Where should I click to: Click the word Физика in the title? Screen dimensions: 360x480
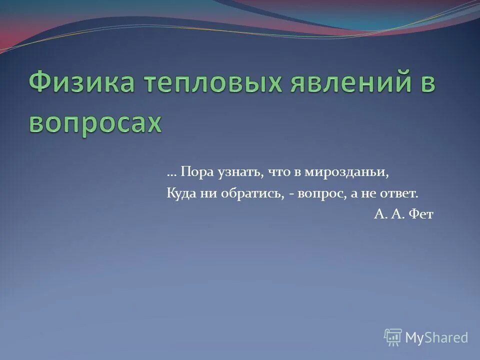(80, 83)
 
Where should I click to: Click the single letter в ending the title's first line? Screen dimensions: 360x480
(424, 83)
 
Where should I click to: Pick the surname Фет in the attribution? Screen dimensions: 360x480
(421, 214)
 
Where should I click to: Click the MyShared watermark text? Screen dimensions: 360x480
(436, 337)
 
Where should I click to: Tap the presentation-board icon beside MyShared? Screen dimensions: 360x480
(393, 337)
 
